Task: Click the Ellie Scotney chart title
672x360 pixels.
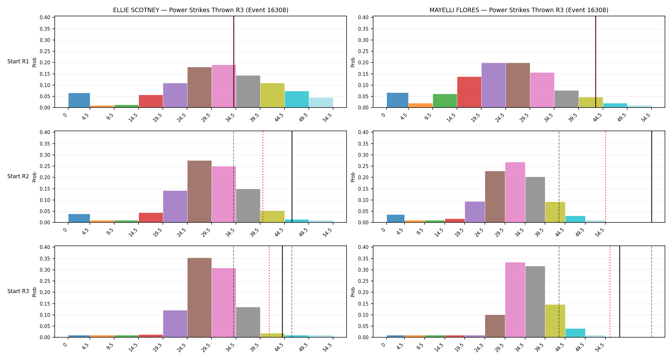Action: click(x=201, y=10)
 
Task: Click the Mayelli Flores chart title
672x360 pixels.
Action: click(x=519, y=10)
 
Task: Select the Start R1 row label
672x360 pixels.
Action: click(x=18, y=61)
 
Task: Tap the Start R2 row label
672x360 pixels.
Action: click(x=18, y=176)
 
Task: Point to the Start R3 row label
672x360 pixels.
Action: click(x=18, y=291)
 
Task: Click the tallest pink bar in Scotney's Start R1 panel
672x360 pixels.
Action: click(x=224, y=86)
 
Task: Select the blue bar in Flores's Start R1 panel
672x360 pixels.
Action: click(x=397, y=100)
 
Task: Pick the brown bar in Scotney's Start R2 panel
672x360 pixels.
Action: click(x=199, y=191)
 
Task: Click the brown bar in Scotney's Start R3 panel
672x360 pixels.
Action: click(x=199, y=298)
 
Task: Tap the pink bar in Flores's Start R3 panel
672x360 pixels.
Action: click(x=515, y=300)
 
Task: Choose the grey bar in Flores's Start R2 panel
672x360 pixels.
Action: click(x=535, y=200)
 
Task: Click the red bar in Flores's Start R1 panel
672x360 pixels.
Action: click(x=469, y=92)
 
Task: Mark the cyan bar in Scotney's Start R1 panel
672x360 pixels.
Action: click(x=297, y=99)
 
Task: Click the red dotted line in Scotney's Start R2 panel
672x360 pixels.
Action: click(x=263, y=177)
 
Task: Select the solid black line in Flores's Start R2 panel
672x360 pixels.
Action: click(x=652, y=177)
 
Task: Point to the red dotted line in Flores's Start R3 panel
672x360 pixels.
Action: click(x=610, y=292)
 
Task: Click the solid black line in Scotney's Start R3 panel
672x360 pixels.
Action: click(x=282, y=292)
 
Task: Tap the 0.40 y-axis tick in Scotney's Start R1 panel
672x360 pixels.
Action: click(x=45, y=17)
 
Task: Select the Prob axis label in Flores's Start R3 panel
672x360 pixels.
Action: click(x=353, y=292)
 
